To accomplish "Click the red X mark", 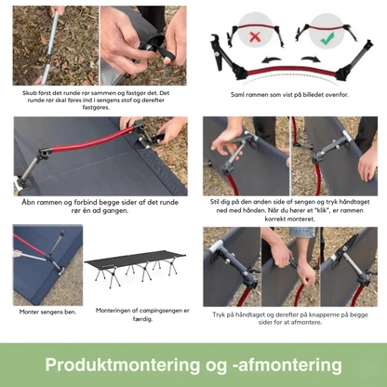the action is click(255, 37).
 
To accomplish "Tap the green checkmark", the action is click(327, 37).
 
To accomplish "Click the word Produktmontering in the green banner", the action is click(123, 365).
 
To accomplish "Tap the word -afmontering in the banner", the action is click(287, 365).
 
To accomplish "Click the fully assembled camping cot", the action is click(136, 268).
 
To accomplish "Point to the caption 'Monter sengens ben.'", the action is click(47, 312).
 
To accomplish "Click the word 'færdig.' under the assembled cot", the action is click(142, 319).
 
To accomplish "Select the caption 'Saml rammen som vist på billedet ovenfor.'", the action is click(289, 95).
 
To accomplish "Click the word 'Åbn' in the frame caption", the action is click(29, 203).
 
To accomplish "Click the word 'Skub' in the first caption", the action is click(30, 93).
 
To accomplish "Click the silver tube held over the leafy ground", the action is click(52, 46).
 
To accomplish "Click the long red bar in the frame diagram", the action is click(291, 72).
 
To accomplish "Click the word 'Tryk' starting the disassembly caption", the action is click(219, 314).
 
